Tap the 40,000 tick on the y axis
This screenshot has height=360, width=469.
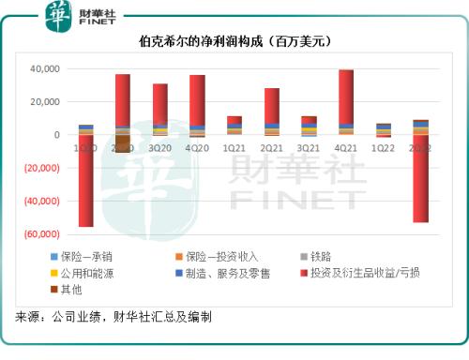click(x=41, y=69)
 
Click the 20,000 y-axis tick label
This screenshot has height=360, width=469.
click(x=41, y=102)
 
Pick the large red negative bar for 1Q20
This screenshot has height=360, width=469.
click(x=85, y=181)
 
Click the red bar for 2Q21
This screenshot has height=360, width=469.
click(x=272, y=105)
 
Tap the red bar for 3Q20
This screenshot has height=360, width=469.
click(x=160, y=103)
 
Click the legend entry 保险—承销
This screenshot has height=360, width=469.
click(x=86, y=256)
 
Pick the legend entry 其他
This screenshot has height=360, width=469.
click(x=73, y=290)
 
